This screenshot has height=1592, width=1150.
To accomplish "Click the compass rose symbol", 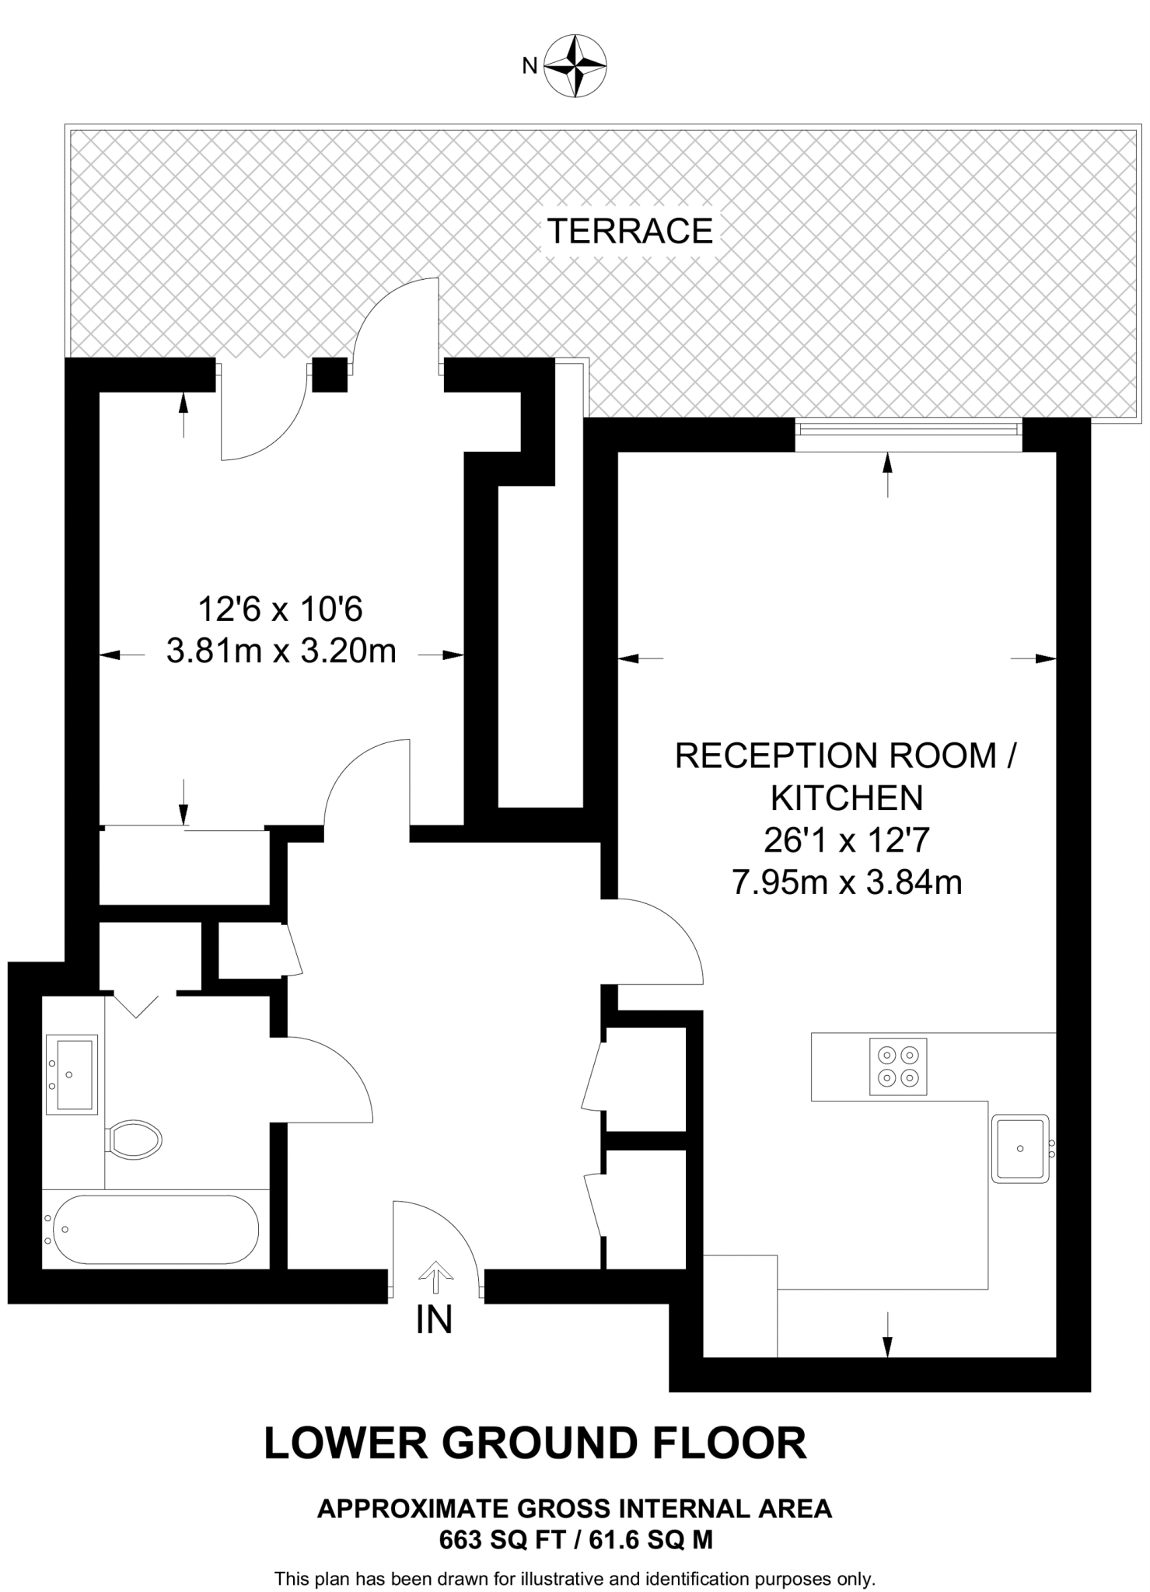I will tap(575, 65).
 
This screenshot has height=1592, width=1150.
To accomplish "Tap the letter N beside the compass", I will tap(530, 67).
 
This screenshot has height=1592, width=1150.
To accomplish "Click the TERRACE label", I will tap(630, 231).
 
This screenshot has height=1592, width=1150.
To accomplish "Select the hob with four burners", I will tap(898, 1067).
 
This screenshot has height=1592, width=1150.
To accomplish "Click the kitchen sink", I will tap(1020, 1149).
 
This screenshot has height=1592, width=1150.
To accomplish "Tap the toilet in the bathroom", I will tap(135, 1140).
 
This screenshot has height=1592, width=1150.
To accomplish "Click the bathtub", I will tap(152, 1229).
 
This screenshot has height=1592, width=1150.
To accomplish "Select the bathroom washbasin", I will tap(72, 1074).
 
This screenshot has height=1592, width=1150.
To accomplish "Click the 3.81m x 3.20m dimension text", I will tap(281, 651).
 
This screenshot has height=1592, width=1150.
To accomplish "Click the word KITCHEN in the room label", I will tap(847, 798).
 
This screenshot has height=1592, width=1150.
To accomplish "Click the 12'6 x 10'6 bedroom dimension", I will tap(281, 609).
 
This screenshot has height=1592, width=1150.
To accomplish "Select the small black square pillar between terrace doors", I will tap(330, 375).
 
